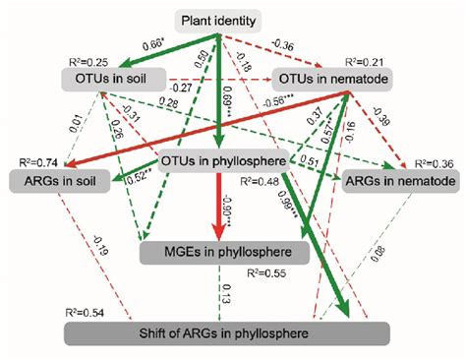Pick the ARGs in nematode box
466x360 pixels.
[x=397, y=182]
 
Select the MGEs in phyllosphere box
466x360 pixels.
[x=224, y=254]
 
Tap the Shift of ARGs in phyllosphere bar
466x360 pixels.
[x=232, y=334]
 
